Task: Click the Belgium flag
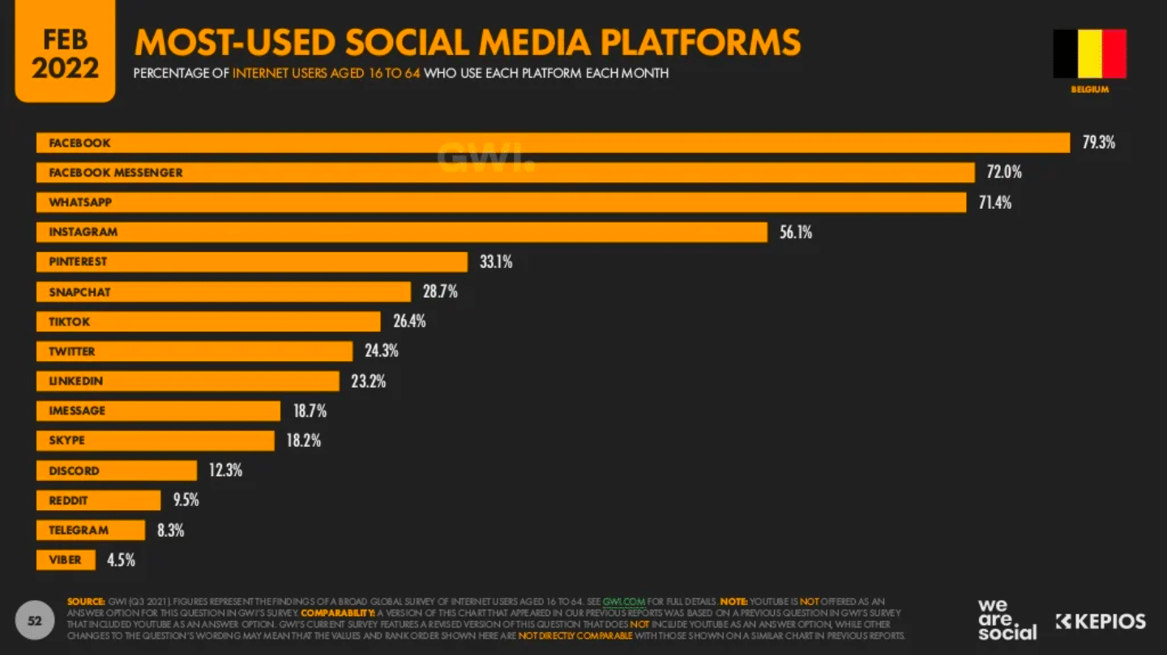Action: click(1089, 53)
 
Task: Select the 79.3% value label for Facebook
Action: click(1099, 142)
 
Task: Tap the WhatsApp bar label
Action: click(80, 202)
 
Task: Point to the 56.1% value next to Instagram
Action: click(796, 232)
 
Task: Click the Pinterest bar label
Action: click(78, 262)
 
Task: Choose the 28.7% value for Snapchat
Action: click(440, 291)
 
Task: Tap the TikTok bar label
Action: click(70, 321)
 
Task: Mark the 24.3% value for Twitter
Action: click(382, 351)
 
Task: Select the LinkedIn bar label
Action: click(76, 381)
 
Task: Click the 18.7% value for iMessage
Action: click(310, 411)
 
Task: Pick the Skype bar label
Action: click(67, 440)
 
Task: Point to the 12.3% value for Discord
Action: click(225, 470)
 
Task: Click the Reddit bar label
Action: click(68, 500)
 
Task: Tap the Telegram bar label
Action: click(79, 530)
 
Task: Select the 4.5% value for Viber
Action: click(122, 559)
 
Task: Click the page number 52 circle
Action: click(35, 621)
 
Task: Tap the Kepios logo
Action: click(1101, 622)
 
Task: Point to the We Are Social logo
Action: click(1007, 620)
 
